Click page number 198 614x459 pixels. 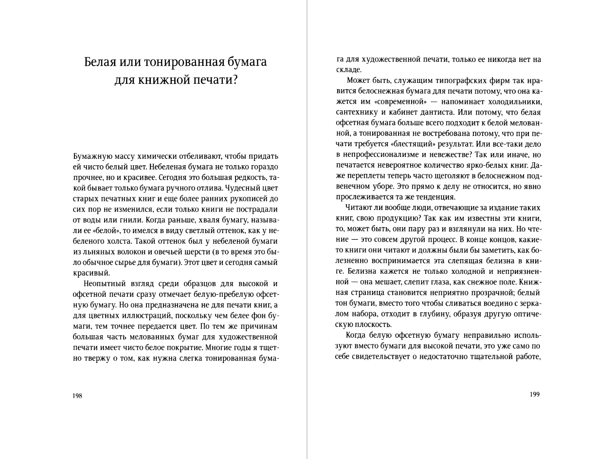(77, 396)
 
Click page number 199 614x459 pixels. (535, 394)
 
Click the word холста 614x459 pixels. (118, 241)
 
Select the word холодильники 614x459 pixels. (515, 102)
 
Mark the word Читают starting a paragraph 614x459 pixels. (358, 208)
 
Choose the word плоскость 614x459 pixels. (372, 325)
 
